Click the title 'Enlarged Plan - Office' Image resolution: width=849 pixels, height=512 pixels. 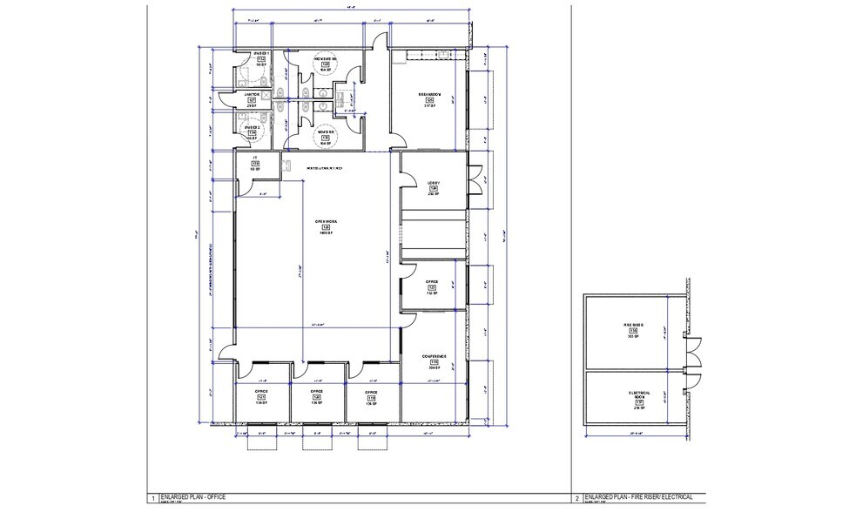click(192, 496)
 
